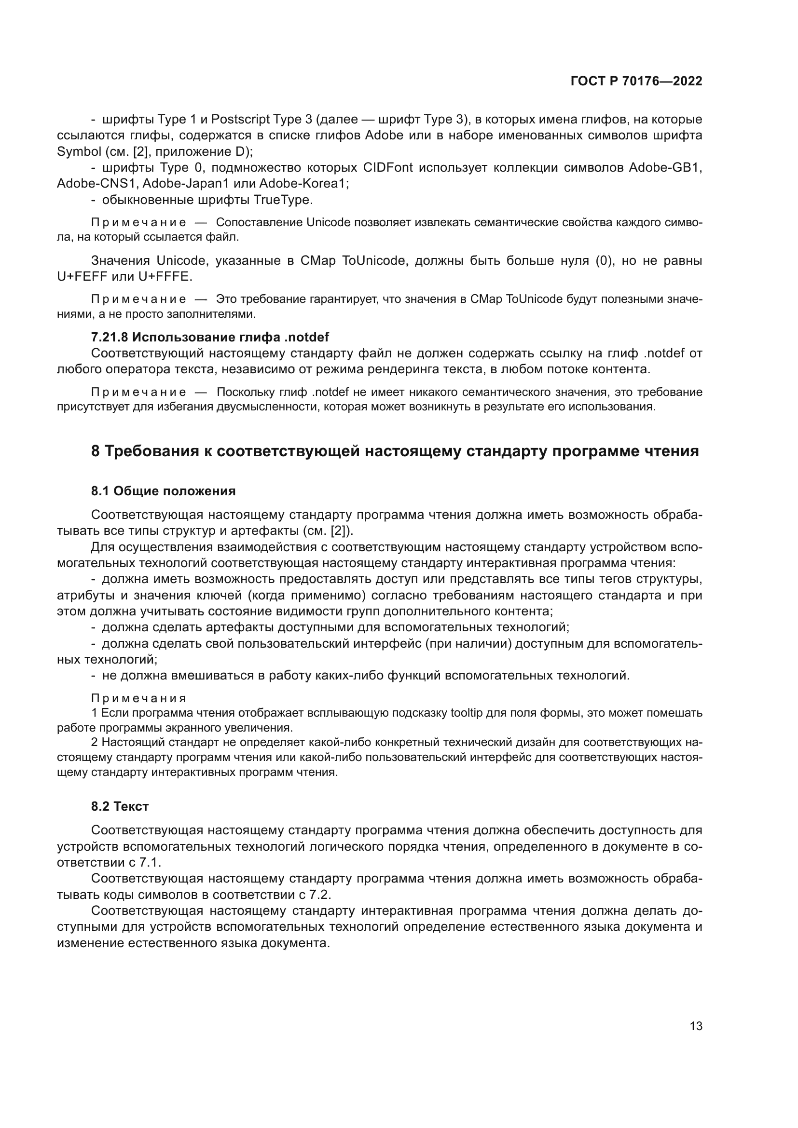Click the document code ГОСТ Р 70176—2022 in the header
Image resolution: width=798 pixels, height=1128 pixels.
(x=636, y=82)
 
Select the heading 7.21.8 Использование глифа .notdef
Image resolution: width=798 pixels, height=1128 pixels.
(x=210, y=337)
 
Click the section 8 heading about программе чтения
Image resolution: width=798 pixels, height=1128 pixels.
(x=395, y=450)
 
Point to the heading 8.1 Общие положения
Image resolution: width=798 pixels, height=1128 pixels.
(x=163, y=491)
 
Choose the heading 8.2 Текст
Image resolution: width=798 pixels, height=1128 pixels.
(x=120, y=806)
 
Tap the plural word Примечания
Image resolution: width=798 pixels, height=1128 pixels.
(x=138, y=699)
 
